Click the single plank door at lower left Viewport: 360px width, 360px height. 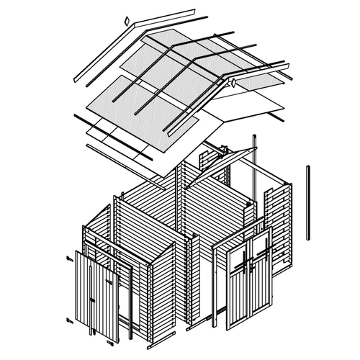pos(97,295)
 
